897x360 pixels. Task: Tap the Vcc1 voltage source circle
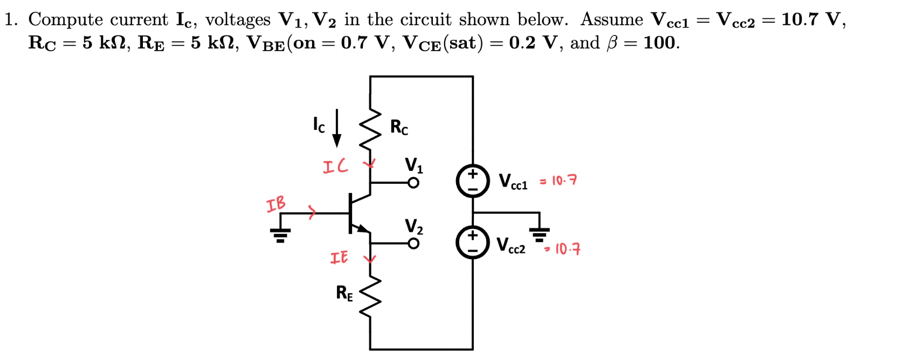[x=473, y=181]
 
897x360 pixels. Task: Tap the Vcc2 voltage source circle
[x=473, y=243]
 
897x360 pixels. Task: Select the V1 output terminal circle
[x=413, y=183]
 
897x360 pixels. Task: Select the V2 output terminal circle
[x=413, y=244]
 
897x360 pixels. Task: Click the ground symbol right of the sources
[x=540, y=233]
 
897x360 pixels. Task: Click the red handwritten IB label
[x=276, y=204]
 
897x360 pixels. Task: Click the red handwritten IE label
[x=339, y=258]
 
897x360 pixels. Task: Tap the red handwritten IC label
[x=335, y=166]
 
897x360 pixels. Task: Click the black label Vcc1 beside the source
[x=513, y=181]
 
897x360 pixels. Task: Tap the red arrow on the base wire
[x=312, y=212]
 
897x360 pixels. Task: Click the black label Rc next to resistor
[x=399, y=127]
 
